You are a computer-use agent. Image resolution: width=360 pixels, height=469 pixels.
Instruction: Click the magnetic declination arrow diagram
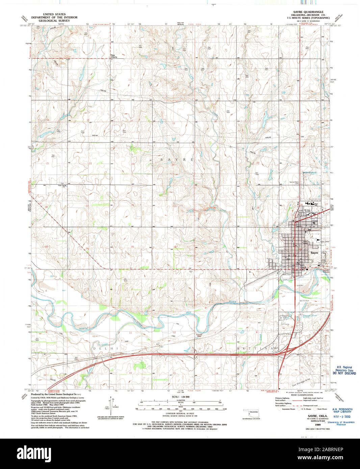tap(110, 405)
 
